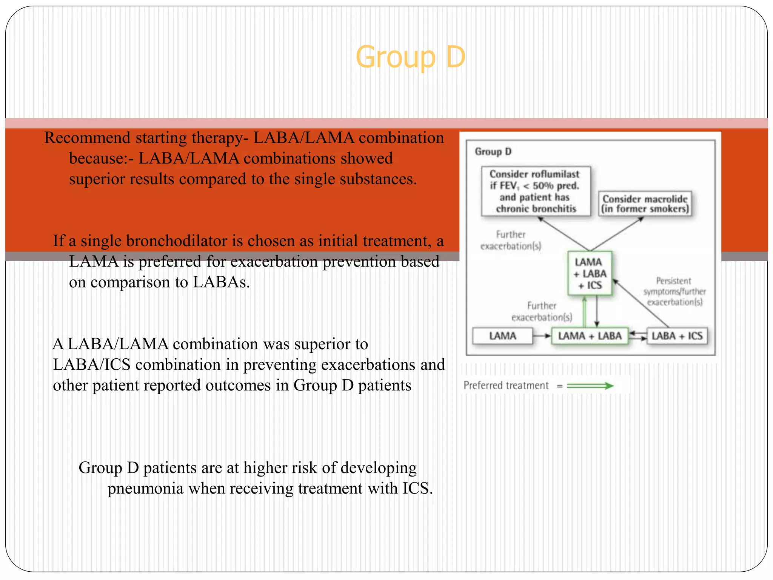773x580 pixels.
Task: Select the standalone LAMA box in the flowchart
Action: [502, 336]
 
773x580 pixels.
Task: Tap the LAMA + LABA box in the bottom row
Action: [590, 336]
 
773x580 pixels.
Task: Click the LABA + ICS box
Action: [677, 336]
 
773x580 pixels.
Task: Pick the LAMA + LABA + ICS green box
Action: [590, 273]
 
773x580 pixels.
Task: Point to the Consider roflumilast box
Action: [536, 191]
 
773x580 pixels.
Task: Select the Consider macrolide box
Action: [645, 204]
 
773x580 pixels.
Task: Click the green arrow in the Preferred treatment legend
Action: [590, 386]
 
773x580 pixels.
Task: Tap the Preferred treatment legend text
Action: [506, 386]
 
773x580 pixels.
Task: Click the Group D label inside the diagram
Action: [493, 151]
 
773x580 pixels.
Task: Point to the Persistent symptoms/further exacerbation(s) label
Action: [674, 292]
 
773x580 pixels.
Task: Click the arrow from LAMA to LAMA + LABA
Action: [542, 336]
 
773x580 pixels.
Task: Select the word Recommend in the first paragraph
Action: [87, 138]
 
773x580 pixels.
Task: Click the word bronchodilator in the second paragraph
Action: [176, 241]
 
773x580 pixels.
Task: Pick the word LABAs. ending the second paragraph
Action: [221, 282]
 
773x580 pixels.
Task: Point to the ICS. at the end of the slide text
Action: [417, 489]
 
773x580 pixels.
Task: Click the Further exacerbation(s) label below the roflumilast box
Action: [510, 240]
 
